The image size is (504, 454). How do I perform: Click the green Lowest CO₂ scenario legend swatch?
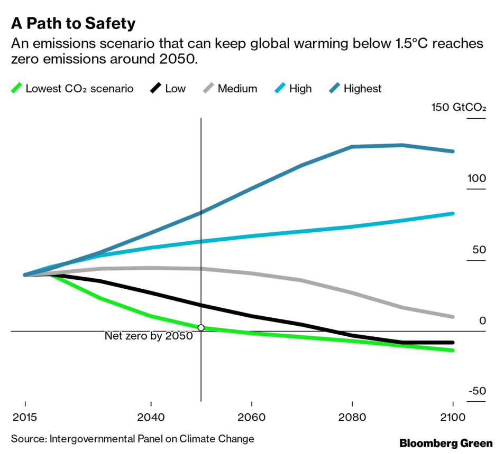tap(16, 88)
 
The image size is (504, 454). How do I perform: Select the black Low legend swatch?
tap(155, 88)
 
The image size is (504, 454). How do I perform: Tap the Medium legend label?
tap(237, 89)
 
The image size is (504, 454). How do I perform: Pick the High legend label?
tap(300, 89)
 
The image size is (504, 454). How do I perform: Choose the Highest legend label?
tap(362, 89)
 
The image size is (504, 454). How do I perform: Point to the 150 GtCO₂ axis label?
tap(459, 108)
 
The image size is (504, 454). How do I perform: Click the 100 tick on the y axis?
tap(476, 178)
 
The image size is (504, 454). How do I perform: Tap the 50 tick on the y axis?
tap(479, 250)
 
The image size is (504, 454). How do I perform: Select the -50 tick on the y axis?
tap(477, 392)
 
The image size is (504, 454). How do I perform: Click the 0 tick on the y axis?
tap(482, 321)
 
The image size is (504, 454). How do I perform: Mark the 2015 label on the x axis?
tap(25, 418)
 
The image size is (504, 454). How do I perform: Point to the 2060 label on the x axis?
tap(251, 418)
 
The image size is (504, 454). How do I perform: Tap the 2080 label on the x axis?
tap(352, 418)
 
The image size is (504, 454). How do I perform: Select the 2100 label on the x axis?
tap(453, 418)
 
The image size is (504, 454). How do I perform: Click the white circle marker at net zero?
tap(201, 328)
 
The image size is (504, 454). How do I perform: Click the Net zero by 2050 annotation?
tap(149, 336)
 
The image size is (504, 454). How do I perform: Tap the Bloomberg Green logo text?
tap(446, 443)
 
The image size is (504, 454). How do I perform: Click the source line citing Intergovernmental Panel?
tap(132, 439)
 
